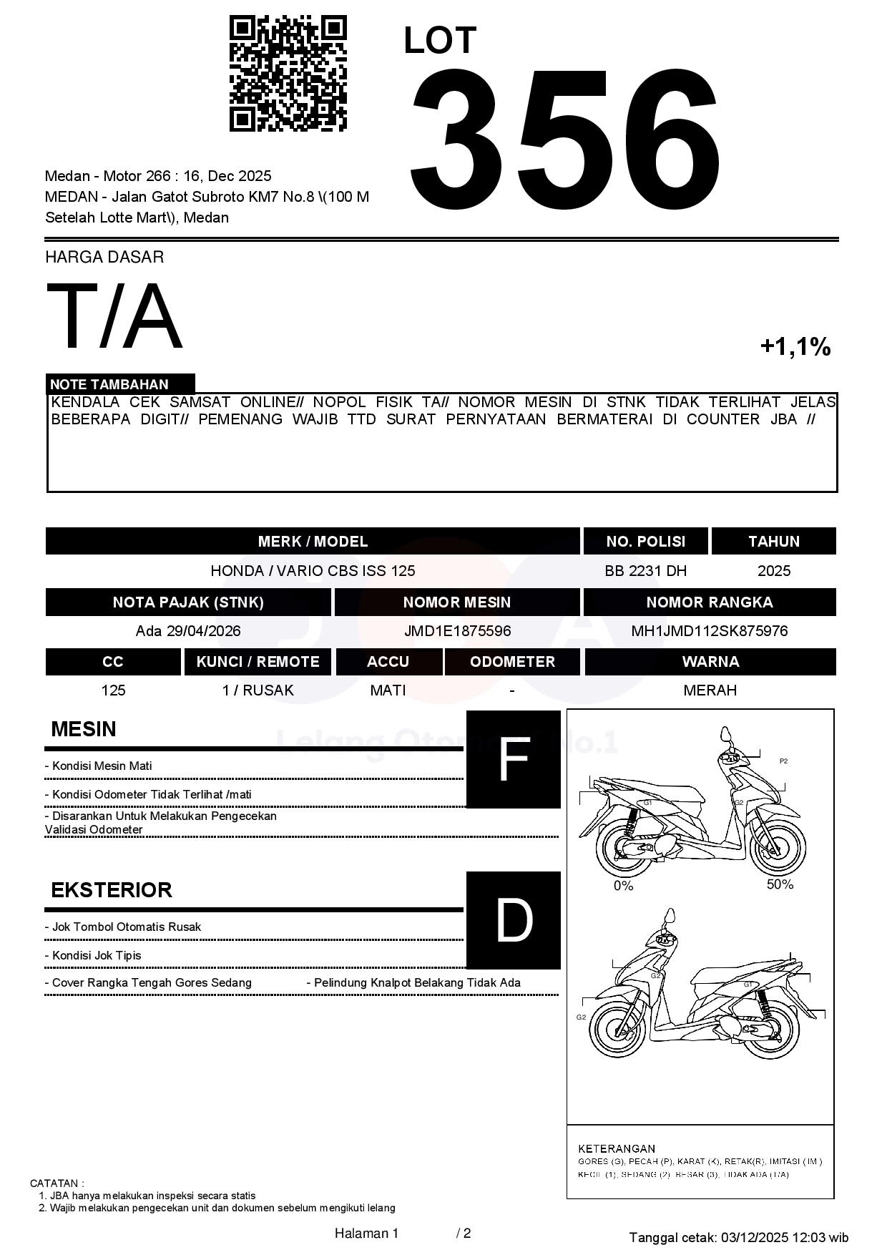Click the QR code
click(x=288, y=74)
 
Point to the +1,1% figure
click(x=795, y=347)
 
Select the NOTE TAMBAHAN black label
click(x=120, y=384)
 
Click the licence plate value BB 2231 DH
click(x=645, y=571)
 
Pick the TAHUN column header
click(x=773, y=542)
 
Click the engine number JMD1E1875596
click(x=457, y=631)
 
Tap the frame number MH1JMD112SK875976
click(x=709, y=631)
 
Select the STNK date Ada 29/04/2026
click(x=188, y=631)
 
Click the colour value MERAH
click(x=710, y=690)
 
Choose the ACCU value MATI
click(x=388, y=690)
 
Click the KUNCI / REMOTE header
click(x=258, y=662)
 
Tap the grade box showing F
click(x=513, y=760)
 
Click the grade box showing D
click(x=513, y=921)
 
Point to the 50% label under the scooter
click(x=780, y=884)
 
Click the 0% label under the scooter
click(x=623, y=886)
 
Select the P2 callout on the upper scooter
click(x=783, y=761)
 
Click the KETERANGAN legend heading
click(x=616, y=1148)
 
